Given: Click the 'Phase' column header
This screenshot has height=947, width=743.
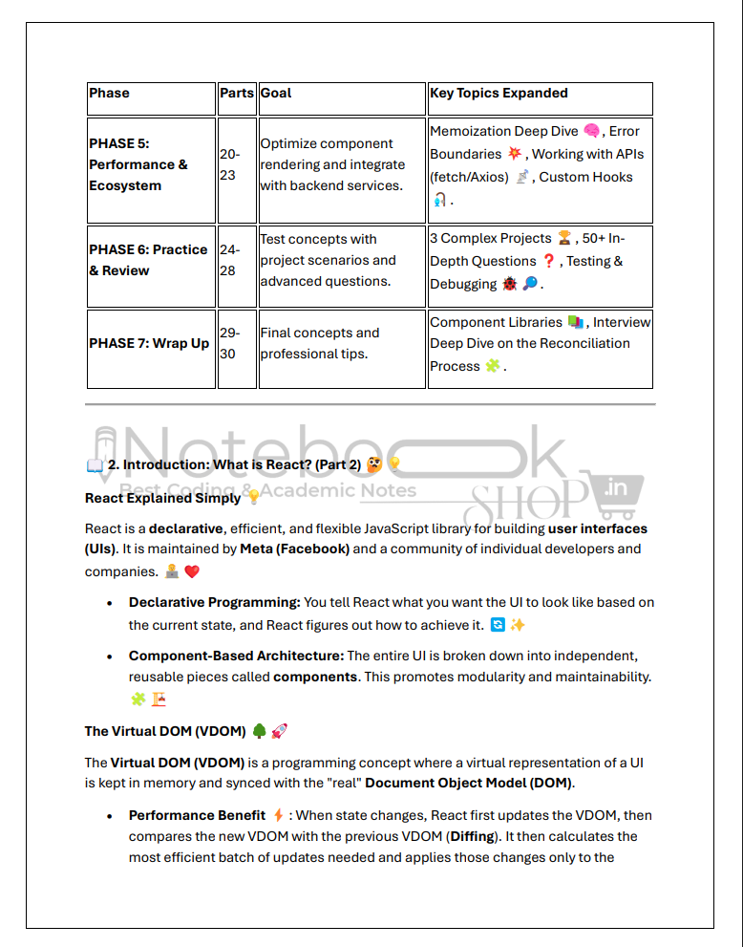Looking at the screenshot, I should click(110, 94).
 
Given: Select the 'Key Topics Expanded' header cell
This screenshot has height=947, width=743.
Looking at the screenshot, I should click(499, 94).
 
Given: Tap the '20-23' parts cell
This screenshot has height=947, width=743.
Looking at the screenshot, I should click(230, 164).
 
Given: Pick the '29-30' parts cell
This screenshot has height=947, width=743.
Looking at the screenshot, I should click(230, 343).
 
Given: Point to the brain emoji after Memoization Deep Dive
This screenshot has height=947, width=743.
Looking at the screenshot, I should click(592, 131).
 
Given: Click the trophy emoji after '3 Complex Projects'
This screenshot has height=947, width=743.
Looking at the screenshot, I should click(564, 238).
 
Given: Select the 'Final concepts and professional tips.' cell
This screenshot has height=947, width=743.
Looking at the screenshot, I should click(320, 343).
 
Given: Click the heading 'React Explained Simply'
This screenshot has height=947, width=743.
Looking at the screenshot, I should click(162, 498).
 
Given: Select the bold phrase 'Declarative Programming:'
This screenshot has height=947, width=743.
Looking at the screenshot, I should click(214, 602).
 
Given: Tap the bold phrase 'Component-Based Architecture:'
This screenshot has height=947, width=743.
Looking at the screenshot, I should click(236, 656).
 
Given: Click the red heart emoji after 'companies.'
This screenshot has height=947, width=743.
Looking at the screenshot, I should click(192, 571).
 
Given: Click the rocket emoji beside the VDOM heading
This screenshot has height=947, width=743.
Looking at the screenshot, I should click(279, 731).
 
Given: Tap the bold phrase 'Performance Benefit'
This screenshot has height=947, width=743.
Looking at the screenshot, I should click(197, 815).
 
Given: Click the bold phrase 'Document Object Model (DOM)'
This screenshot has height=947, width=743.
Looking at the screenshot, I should click(469, 784).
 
